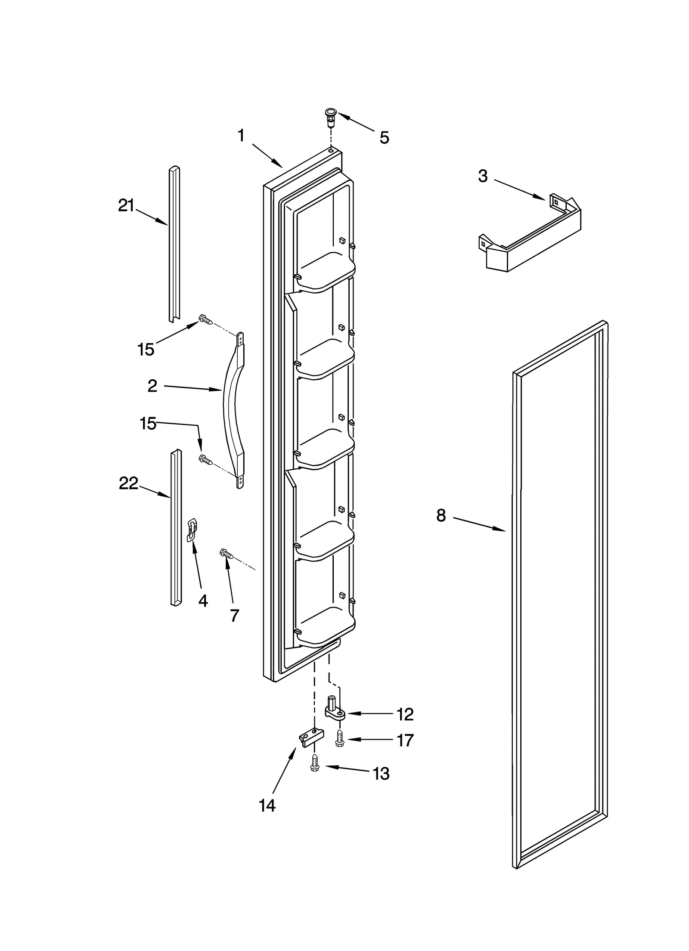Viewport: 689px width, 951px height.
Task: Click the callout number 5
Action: (x=384, y=138)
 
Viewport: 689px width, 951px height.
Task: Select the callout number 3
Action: (x=483, y=176)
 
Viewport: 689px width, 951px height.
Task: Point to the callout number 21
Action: (x=126, y=206)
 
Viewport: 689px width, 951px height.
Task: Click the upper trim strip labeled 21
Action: (x=174, y=243)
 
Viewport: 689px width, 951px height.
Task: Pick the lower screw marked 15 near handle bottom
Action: (x=205, y=460)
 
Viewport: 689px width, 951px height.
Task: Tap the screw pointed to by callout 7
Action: (x=226, y=554)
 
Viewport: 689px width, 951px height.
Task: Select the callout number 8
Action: (x=441, y=515)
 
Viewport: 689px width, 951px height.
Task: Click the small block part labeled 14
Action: (x=309, y=739)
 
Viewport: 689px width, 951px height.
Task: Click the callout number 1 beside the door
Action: (x=241, y=136)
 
